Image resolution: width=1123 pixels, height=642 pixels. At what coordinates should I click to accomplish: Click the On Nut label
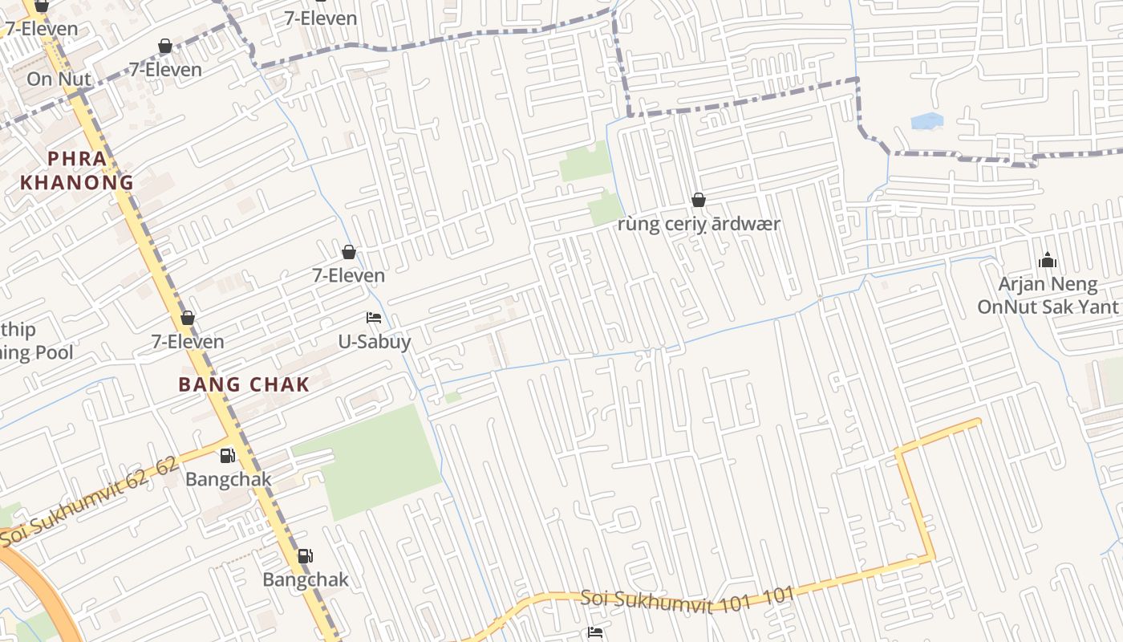pyautogui.click(x=59, y=79)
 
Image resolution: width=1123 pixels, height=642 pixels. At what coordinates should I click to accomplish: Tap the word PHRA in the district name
pyautogui.click(x=77, y=159)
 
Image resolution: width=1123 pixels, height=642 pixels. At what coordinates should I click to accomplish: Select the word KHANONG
pyautogui.click(x=77, y=182)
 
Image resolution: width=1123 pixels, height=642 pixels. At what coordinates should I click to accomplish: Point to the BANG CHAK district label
pyautogui.click(x=244, y=384)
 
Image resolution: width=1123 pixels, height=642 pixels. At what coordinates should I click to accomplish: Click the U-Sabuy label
pyautogui.click(x=374, y=342)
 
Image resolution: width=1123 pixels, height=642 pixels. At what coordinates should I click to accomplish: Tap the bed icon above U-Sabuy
pyautogui.click(x=374, y=318)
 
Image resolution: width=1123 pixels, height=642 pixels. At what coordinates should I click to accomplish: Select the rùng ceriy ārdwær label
pyautogui.click(x=699, y=224)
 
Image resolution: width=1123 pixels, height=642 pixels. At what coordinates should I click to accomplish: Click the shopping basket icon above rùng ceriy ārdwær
pyautogui.click(x=699, y=200)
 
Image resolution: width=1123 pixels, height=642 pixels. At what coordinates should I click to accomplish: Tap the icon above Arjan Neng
pyautogui.click(x=1047, y=260)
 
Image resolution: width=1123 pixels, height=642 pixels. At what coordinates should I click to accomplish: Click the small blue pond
pyautogui.click(x=927, y=121)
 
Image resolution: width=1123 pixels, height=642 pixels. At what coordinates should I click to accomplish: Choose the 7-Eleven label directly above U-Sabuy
pyautogui.click(x=348, y=275)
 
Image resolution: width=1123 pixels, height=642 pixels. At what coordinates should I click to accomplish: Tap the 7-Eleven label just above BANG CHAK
pyautogui.click(x=188, y=341)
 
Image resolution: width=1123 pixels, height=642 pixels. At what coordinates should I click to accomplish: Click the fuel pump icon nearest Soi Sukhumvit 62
pyautogui.click(x=228, y=456)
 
